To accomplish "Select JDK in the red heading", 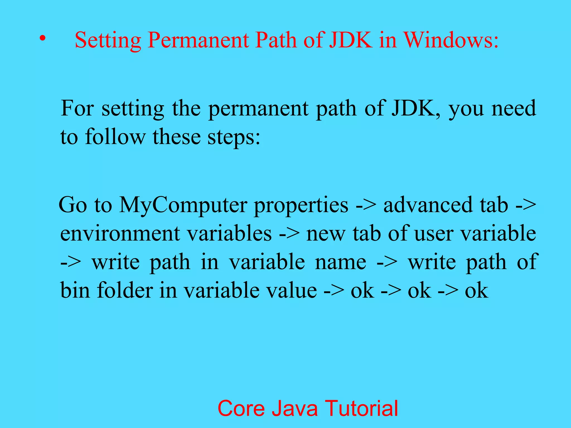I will tap(351, 40).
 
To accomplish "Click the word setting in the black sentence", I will tap(133, 109).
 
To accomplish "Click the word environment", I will tap(120, 234).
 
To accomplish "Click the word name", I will tap(340, 262).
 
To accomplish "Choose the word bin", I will tap(75, 290).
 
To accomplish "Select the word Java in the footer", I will tap(295, 408).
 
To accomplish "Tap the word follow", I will tap(115, 137).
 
